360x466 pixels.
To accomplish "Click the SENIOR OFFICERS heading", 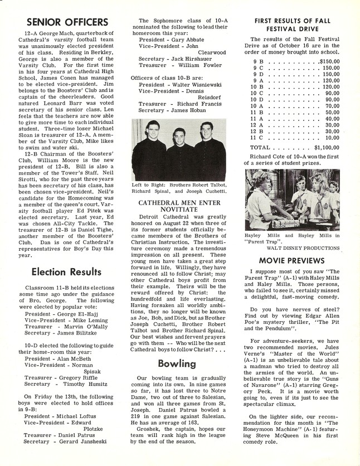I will [x=66, y=22].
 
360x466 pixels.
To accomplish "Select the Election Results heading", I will [x=66, y=271].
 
